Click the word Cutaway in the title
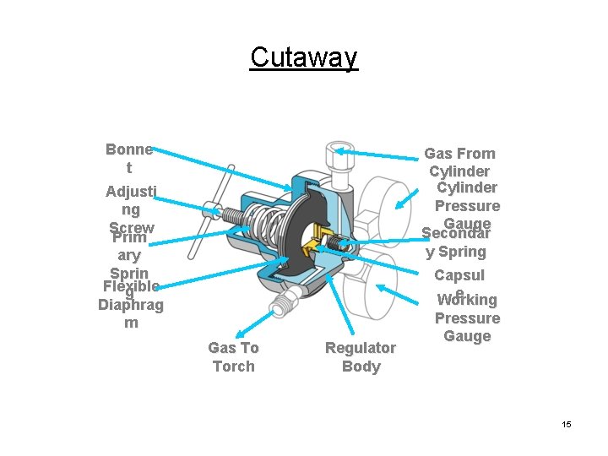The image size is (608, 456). (304, 57)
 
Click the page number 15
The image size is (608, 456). (566, 424)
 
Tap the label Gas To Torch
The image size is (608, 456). (233, 356)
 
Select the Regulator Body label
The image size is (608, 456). (361, 356)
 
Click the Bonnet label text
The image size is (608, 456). (129, 159)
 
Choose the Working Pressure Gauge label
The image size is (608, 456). (467, 318)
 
